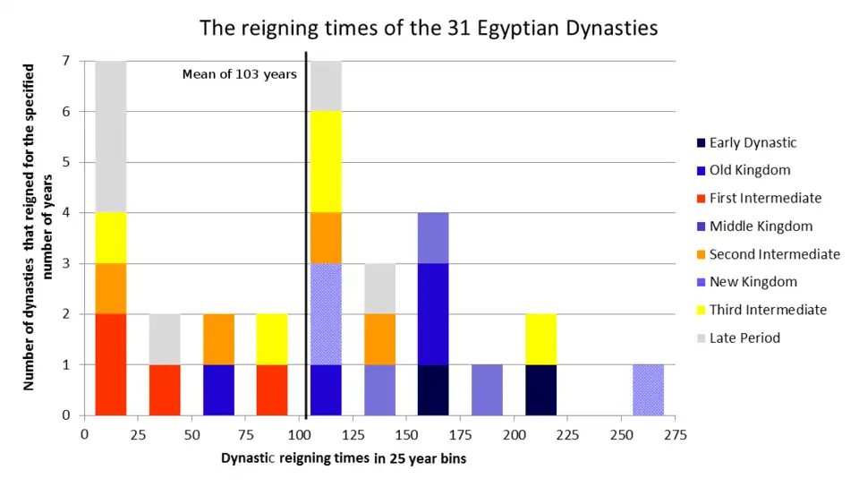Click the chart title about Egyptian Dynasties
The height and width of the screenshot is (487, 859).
point(429,28)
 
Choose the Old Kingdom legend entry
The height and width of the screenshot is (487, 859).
point(750,170)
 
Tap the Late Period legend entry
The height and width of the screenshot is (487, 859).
point(744,337)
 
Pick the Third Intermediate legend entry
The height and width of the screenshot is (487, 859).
point(768,310)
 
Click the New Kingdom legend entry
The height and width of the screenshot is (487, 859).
point(753,282)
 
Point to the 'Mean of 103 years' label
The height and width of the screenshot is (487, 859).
point(239,74)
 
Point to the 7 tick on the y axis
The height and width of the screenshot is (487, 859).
point(66,61)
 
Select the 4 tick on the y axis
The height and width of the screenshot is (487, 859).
point(66,213)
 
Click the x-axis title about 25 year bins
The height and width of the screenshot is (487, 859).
point(344,458)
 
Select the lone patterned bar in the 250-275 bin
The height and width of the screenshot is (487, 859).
point(648,390)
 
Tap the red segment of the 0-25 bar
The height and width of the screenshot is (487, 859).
point(111,364)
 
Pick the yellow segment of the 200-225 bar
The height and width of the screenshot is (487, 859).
point(540,339)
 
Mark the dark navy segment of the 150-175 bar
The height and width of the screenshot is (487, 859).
point(433,390)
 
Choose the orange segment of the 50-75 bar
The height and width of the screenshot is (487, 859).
point(218,339)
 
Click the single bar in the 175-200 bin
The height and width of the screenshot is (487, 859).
point(487,390)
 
